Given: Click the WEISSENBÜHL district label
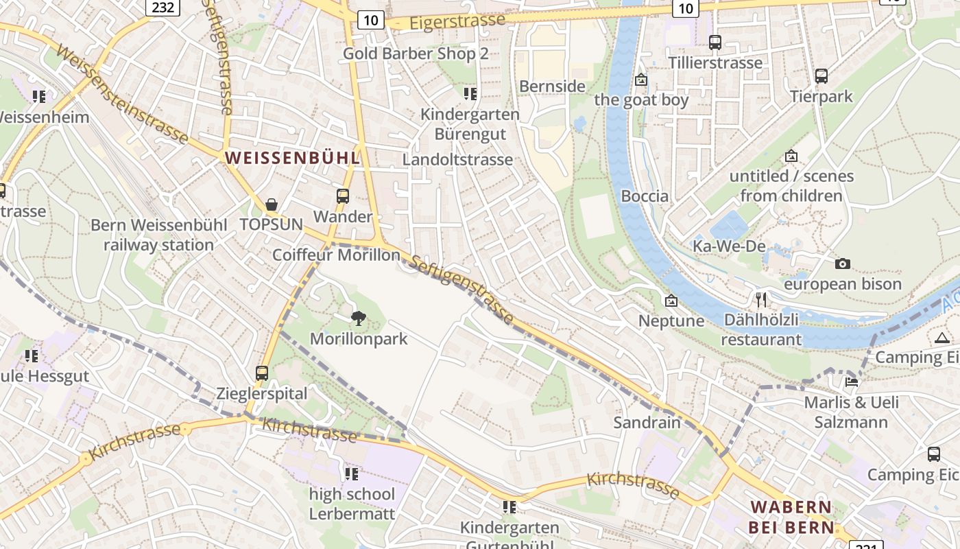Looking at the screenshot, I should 292,158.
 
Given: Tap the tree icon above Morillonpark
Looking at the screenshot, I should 358,318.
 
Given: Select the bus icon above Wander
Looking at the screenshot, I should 343,196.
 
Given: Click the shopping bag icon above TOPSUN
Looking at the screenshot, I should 272,205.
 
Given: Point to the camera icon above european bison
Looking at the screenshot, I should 843,264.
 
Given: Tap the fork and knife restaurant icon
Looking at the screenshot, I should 760,300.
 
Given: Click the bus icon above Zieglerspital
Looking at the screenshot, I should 262,373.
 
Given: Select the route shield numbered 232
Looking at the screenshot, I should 163,8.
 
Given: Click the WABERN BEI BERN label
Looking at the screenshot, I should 792,517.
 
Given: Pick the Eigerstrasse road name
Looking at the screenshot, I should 457,21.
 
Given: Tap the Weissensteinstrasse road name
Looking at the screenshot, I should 122,94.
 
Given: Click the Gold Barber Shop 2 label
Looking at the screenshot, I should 416,54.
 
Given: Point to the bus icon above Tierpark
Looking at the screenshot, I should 821,76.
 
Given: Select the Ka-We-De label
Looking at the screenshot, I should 728,246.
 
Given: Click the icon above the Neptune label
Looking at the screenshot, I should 671,301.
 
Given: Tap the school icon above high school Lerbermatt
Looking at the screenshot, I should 352,474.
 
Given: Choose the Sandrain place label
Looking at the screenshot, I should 647,422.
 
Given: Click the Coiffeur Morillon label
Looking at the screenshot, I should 336,255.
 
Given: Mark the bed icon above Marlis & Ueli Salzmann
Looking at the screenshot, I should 852,382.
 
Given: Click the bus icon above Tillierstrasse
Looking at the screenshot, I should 715,43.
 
